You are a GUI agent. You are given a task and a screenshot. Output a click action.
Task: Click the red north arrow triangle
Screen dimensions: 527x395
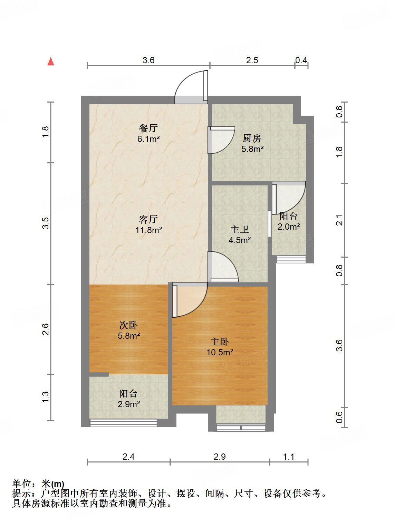(51, 61)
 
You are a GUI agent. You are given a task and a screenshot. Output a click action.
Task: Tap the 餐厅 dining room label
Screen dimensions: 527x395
(148, 128)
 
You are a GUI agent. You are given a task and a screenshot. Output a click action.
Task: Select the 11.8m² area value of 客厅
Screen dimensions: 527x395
(149, 230)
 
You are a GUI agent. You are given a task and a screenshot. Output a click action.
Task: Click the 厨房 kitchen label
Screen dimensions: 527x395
(252, 138)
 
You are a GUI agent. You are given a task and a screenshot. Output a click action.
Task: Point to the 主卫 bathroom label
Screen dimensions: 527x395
(240, 229)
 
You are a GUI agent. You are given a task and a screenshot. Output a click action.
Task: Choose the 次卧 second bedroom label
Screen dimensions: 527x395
(128, 325)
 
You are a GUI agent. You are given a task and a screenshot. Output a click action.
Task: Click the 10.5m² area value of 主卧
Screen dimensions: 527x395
(220, 353)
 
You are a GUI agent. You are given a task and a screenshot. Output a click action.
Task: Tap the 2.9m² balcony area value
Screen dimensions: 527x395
(128, 404)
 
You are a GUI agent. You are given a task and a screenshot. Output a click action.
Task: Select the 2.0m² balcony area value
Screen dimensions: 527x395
(288, 227)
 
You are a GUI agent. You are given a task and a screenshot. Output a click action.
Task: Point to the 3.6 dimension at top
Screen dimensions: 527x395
(148, 60)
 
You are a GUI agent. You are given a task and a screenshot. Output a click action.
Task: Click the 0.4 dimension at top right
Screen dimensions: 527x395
(301, 60)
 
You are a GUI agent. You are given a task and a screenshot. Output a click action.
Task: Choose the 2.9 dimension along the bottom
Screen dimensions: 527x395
(220, 457)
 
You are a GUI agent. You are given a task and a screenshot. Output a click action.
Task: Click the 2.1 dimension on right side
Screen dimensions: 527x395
(340, 220)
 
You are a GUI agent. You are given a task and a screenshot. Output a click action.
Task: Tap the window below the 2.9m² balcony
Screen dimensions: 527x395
(124, 422)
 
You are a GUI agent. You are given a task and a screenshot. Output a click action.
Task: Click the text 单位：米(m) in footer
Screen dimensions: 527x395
(38, 484)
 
